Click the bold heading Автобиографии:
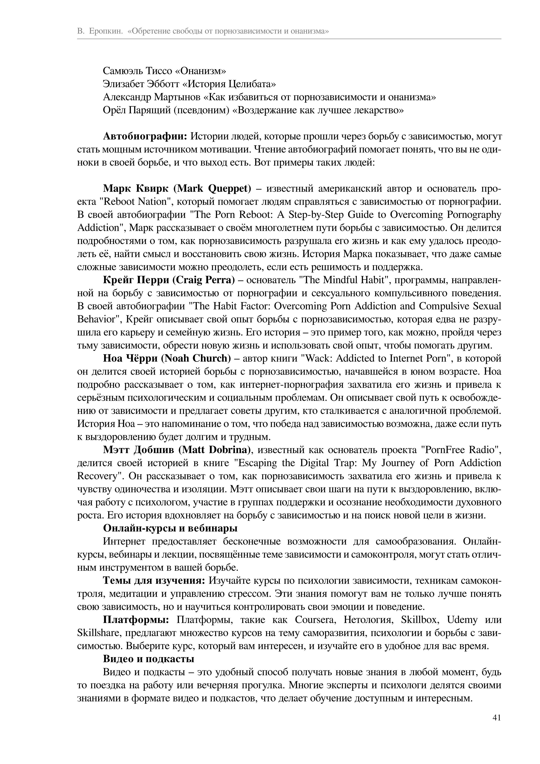click(x=146, y=136)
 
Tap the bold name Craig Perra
click(x=204, y=280)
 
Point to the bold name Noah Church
click(x=198, y=358)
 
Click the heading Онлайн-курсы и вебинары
click(x=170, y=528)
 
